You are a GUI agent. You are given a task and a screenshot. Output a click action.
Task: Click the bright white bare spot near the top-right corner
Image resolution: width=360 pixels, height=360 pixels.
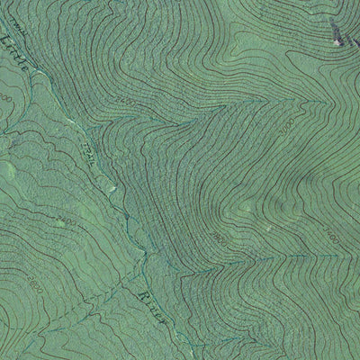click(338, 40)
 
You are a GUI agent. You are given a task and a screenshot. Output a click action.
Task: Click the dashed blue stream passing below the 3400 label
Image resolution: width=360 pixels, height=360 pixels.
click(306, 261)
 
